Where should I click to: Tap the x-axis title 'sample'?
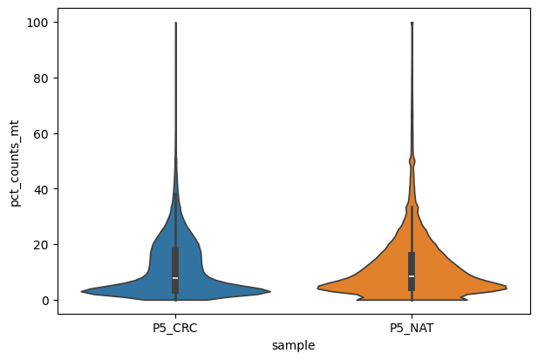point(294,345)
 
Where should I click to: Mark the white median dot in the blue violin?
point(176,278)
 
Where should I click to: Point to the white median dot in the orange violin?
point(412,276)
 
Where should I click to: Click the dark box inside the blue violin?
point(176,262)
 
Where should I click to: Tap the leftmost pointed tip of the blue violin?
point(82,291)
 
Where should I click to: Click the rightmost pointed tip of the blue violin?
point(270,291)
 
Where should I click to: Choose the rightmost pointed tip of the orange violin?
point(506,288)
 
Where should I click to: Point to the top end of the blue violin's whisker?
point(176,24)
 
